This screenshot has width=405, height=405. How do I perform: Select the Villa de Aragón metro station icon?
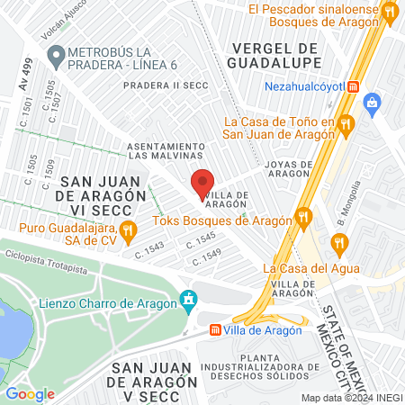[x=216, y=329]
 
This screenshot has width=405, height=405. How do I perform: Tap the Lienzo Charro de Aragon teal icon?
[x=188, y=298]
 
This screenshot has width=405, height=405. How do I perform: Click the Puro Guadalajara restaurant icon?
[x=128, y=229]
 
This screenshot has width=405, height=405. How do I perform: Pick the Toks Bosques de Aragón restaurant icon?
[x=305, y=219]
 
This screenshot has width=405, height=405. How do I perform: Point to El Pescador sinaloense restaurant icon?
[x=389, y=13]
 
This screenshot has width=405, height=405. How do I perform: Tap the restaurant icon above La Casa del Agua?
[x=338, y=241]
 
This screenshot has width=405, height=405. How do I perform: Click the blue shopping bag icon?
[x=372, y=103]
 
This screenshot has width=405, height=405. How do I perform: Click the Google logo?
[x=30, y=393]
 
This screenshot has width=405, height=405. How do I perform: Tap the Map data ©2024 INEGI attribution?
[x=352, y=398]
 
